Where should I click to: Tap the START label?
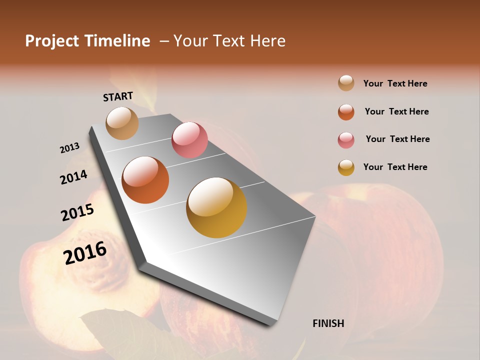pos(118,96)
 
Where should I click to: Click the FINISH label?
pos(328,323)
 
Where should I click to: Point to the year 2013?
pos(69,148)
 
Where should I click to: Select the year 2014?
pos(73,177)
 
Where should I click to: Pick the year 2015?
pos(77,212)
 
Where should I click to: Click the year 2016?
pos(85,253)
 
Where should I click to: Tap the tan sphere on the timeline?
pos(122,123)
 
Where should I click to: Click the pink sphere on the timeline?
pos(189,139)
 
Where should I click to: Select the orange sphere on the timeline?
pos(145,180)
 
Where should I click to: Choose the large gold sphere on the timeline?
pos(216,207)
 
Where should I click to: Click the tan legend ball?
pos(346,83)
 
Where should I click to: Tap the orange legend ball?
pos(346,112)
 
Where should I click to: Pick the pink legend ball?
pos(346,140)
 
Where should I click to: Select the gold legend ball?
pos(346,167)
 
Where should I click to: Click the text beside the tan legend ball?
pos(395,83)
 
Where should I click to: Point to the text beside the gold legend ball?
pos(395,167)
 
